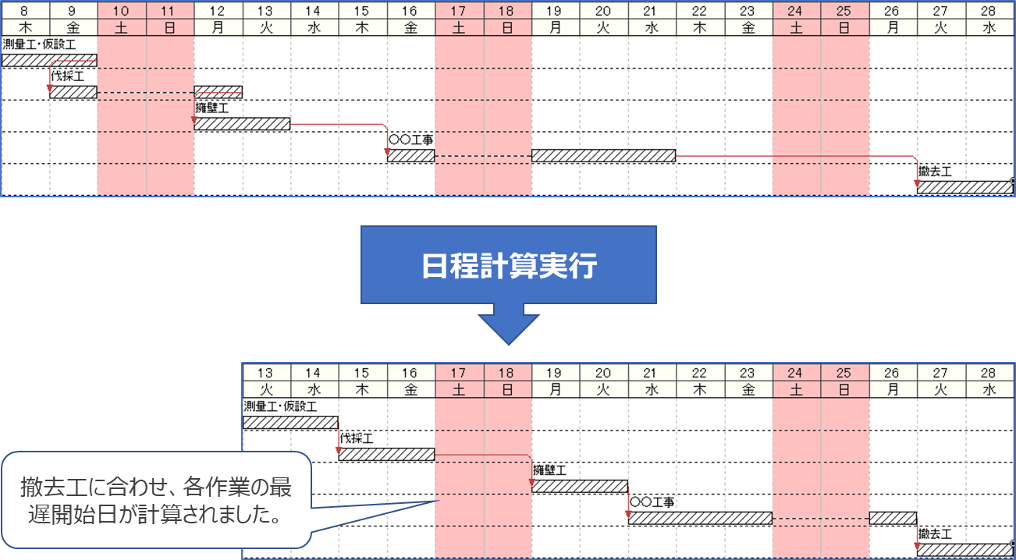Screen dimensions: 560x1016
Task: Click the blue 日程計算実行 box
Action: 508,265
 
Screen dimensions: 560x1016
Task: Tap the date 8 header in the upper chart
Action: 25,11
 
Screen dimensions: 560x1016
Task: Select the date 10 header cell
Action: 121,11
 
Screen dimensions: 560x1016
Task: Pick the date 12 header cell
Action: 218,11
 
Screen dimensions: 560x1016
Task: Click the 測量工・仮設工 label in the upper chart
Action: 39,44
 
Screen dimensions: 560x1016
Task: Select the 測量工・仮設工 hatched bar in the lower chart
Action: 290,423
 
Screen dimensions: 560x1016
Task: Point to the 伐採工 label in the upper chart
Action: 68,76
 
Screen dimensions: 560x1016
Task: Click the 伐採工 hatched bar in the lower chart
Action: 386,455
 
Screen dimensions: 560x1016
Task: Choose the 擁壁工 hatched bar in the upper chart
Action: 242,124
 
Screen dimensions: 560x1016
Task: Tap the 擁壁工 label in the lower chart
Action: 550,470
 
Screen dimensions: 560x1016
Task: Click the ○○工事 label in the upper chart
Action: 410,140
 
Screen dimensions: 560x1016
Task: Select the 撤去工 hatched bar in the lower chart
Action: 964,550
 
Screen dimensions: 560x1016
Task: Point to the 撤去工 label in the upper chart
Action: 936,172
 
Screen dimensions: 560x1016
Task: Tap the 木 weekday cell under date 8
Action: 25,27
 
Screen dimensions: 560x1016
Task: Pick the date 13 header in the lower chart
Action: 265,372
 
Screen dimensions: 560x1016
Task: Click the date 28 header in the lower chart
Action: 989,372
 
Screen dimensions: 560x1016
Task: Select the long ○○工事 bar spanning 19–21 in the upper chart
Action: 603,156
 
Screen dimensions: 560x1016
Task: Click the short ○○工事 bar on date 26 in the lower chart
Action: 893,518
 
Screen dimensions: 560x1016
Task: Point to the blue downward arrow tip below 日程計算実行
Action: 508,342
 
